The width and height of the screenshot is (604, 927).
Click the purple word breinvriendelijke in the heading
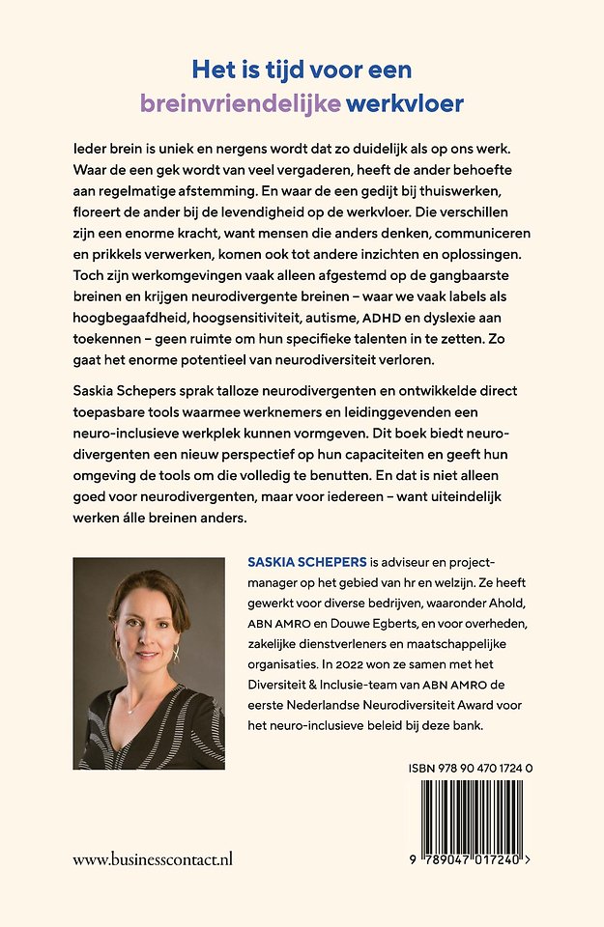[241, 101]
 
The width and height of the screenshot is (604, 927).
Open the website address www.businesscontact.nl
[153, 858]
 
